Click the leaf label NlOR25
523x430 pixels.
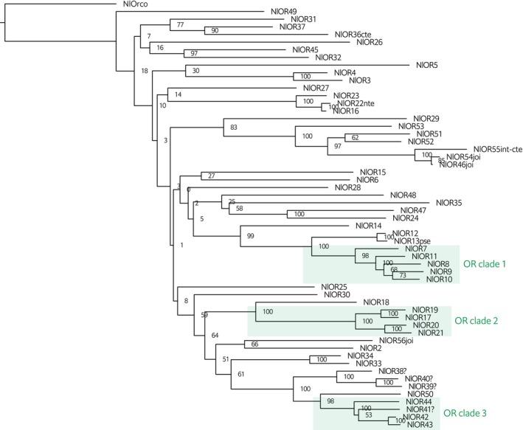(x=334, y=286)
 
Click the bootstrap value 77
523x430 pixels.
(x=179, y=26)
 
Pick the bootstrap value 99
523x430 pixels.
(x=251, y=235)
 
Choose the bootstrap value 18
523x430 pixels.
(x=145, y=72)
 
